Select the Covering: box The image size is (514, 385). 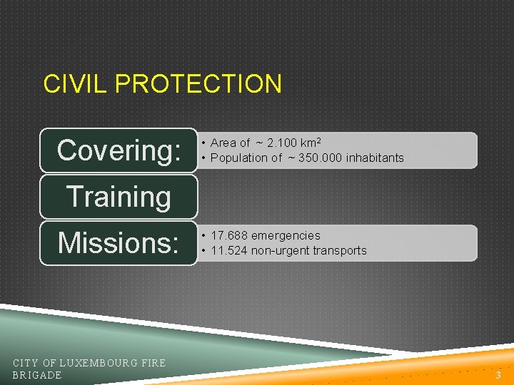point(119,150)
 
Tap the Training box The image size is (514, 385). point(119,197)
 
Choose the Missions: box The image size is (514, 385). point(119,243)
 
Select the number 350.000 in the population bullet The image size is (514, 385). point(318,158)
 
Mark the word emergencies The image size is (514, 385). point(286,235)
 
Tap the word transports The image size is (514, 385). point(341,250)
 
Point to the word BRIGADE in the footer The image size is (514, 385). point(37,375)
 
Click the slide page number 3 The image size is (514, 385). point(498,375)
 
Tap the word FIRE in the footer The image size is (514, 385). point(153,363)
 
